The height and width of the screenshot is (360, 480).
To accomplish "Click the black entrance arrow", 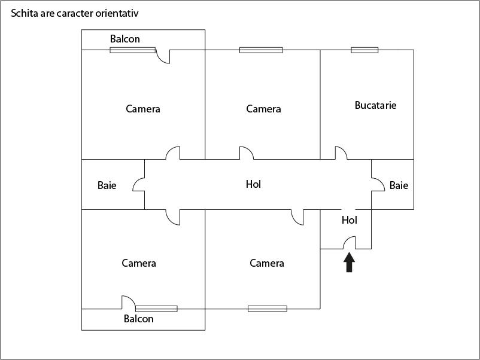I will [x=350, y=263].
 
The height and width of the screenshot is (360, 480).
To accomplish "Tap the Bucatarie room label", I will [x=375, y=105].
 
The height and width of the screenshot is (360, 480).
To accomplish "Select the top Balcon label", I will [x=124, y=39].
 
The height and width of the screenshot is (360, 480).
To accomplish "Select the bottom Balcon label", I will [x=138, y=319].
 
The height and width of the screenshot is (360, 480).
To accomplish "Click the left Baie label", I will [x=107, y=185].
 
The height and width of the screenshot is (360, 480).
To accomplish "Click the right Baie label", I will [x=399, y=185].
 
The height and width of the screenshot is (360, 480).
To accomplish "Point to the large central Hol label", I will [x=254, y=184].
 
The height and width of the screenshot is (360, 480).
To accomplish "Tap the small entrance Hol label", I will [x=349, y=220].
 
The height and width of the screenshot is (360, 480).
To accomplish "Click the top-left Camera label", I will [x=143, y=109].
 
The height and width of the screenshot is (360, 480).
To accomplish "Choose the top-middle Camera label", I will [x=263, y=109].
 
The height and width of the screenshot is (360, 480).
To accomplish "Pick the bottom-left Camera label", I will [x=139, y=263].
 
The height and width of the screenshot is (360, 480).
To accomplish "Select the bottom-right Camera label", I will [x=267, y=263].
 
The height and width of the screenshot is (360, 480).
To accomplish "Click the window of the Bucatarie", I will [x=364, y=50].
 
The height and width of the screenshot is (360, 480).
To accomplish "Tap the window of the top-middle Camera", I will [x=261, y=50].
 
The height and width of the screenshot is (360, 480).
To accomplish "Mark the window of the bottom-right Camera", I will [x=268, y=309].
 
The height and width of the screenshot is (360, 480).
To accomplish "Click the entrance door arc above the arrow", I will [x=349, y=243].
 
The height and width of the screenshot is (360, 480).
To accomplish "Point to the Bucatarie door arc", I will [x=341, y=152].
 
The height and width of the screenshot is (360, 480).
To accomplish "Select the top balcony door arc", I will [x=163, y=57].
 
